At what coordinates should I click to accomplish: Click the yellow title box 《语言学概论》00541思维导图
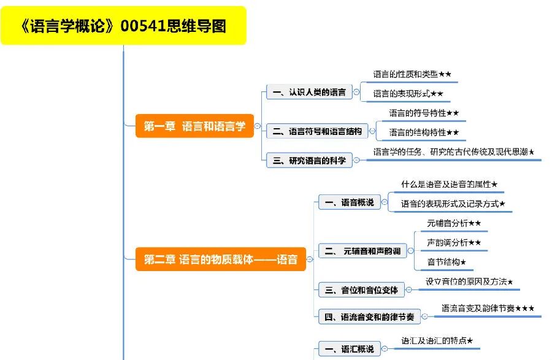tap(123, 26)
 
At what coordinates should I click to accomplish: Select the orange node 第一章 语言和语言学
tap(194, 126)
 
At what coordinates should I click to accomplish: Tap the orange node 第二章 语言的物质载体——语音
tap(221, 259)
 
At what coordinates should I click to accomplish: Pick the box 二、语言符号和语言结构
tap(317, 131)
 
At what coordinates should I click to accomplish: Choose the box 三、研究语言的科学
tap(309, 161)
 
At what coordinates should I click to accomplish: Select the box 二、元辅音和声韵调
tap(362, 251)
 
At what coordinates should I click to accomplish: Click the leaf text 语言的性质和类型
tap(405, 74)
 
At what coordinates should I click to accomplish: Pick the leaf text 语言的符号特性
tap(417, 113)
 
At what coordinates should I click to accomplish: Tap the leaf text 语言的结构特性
tap(417, 132)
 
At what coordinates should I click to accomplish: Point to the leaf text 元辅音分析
tap(447, 223)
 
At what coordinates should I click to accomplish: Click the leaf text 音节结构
tap(443, 262)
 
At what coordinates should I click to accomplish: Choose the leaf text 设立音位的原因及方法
tap(466, 282)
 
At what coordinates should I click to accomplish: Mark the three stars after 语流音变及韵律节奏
tap(524, 308)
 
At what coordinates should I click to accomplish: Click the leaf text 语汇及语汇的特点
tap(434, 340)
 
